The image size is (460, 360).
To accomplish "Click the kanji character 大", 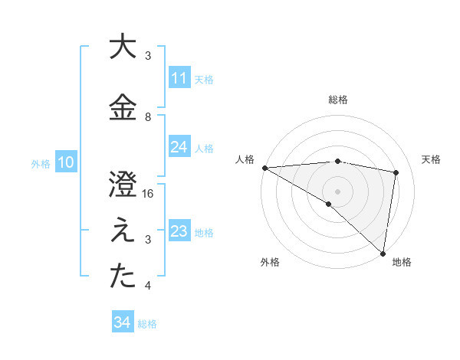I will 123,47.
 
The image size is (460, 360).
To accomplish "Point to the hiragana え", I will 123,232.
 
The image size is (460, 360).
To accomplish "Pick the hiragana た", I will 123,278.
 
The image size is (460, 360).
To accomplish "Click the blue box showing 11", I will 179,78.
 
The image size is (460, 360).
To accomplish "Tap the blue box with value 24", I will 179,147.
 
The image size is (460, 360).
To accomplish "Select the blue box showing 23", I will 179,231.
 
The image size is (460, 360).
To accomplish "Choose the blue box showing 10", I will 65,162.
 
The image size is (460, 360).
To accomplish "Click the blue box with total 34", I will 122,322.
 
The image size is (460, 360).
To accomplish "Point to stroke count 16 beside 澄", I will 149,194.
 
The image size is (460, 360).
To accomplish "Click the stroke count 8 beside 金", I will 149,117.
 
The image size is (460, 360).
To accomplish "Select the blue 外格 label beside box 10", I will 41,163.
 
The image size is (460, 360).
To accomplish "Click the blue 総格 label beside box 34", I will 147,323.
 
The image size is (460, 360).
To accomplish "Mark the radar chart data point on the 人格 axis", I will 264,168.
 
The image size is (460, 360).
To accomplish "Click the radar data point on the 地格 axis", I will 383,253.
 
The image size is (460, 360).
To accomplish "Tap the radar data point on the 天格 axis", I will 396,172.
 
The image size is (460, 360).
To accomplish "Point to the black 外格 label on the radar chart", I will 270,262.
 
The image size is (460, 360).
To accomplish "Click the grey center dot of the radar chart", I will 337,190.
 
